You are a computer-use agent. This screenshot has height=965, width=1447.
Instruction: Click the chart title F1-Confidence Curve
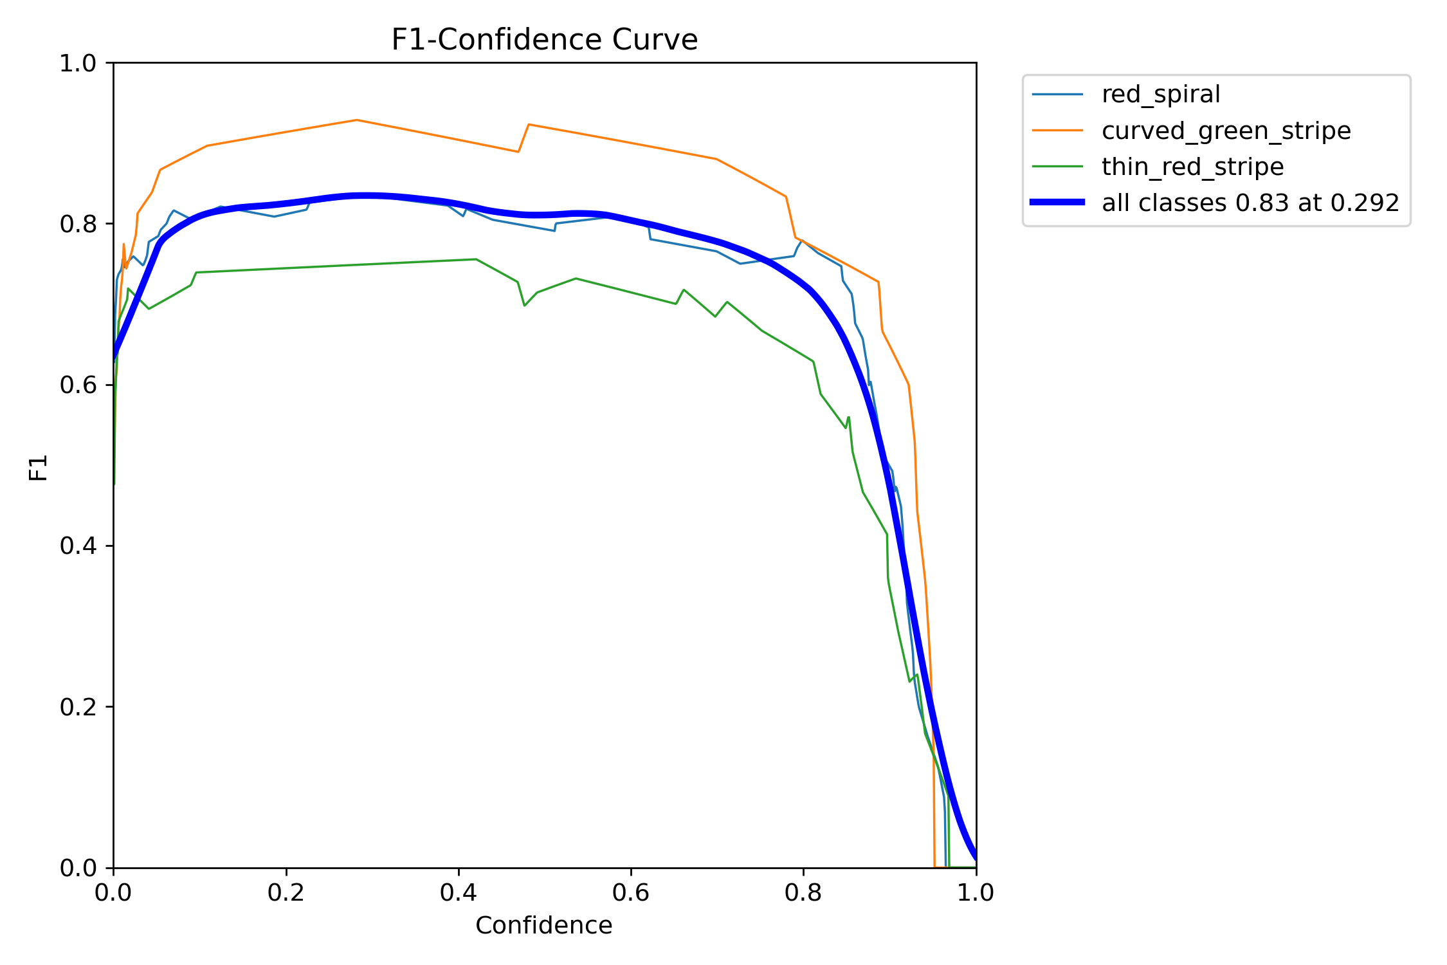click(x=544, y=40)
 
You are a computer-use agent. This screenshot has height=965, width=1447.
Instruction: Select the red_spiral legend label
click(x=1160, y=95)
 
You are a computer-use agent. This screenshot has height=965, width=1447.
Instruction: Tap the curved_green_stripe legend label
click(x=1226, y=131)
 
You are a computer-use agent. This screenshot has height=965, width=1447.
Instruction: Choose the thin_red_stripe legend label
click(x=1192, y=167)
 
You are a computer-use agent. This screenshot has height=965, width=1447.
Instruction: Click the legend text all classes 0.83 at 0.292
click(x=1250, y=203)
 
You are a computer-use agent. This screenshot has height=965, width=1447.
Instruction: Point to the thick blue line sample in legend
click(x=1057, y=202)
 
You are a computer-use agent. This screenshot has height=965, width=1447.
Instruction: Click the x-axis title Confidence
click(x=543, y=925)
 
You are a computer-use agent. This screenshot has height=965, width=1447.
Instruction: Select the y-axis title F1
click(x=39, y=467)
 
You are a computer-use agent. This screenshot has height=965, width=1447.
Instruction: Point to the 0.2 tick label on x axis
click(x=286, y=893)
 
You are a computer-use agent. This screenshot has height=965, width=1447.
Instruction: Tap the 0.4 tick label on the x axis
click(x=458, y=893)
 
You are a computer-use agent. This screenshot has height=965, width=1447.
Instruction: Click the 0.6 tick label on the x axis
click(x=631, y=893)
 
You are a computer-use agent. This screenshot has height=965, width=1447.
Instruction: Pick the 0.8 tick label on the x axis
click(x=803, y=893)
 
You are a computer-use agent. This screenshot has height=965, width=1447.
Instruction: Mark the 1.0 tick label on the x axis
click(x=975, y=893)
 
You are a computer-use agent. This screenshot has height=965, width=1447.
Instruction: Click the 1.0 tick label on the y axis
click(x=77, y=63)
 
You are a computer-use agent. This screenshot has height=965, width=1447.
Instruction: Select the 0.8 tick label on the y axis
click(x=77, y=224)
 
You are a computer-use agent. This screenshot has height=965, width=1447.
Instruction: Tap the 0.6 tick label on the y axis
click(x=77, y=385)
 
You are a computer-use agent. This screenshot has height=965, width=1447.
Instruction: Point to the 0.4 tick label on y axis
click(x=77, y=546)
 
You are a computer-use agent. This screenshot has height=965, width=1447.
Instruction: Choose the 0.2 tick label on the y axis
click(x=77, y=706)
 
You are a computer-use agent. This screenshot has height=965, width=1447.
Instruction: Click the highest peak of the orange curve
click(x=356, y=120)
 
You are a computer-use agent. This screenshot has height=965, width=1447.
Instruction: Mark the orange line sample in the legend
click(x=1057, y=131)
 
